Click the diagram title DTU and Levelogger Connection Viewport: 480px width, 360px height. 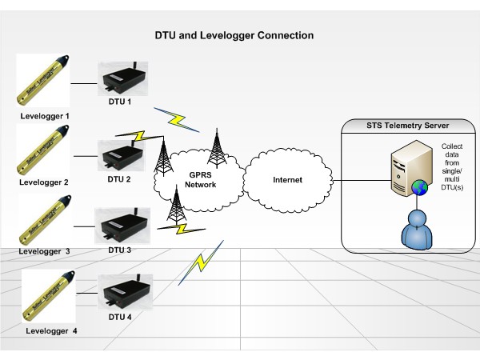coord(234,36)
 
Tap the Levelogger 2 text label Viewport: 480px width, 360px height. coord(45,182)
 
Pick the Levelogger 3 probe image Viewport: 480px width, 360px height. coord(45,218)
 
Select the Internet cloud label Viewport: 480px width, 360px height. coord(287,180)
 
